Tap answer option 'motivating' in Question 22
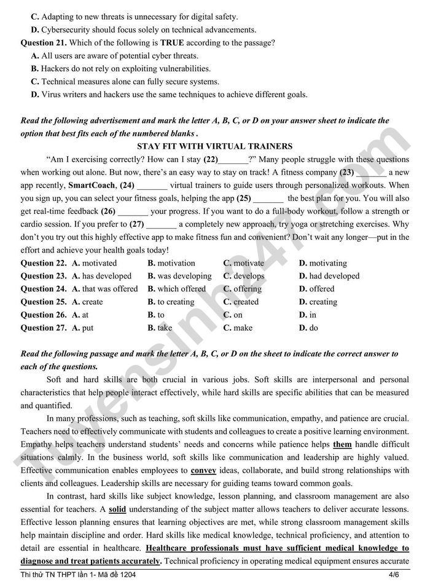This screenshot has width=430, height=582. coord(327,263)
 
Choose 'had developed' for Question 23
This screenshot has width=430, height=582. coord(334,276)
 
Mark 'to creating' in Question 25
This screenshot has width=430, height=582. coord(176,302)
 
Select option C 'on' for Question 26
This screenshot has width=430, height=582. coord(237,315)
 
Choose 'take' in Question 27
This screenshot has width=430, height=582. coord(165,328)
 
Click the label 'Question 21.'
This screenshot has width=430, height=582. coord(44,42)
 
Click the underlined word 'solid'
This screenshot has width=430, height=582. coord(117,509)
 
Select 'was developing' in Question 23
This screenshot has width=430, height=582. coord(184,276)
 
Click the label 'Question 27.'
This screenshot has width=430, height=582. coord(44,328)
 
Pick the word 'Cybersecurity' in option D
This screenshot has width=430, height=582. coord(67,29)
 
